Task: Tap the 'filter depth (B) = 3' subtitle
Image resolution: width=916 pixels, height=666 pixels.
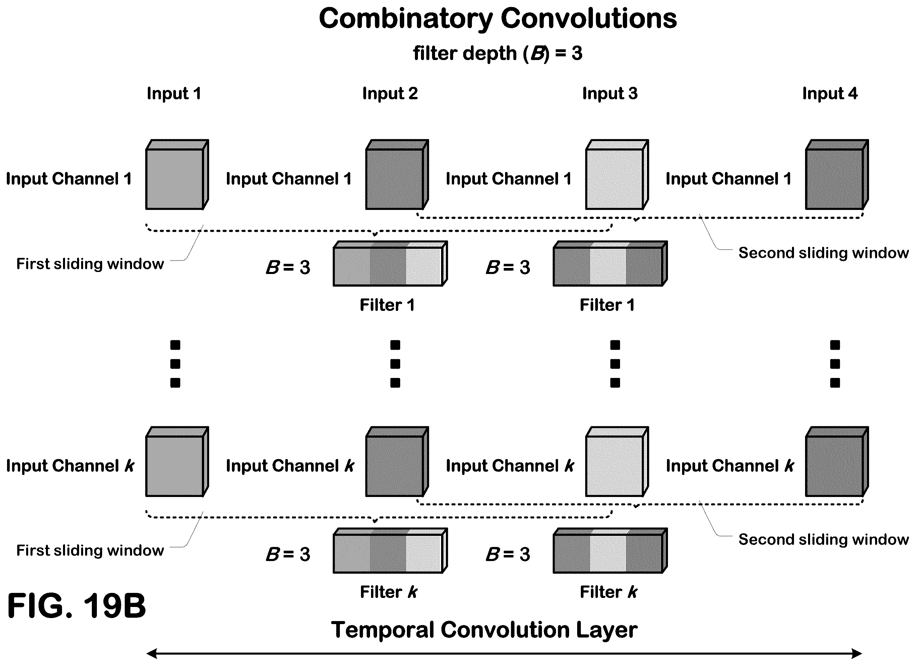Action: coord(498,54)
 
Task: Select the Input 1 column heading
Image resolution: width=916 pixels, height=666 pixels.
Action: coord(174,94)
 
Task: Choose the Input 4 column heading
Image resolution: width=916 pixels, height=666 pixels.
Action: coord(830,94)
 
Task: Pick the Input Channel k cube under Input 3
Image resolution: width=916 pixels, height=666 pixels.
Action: coord(617,461)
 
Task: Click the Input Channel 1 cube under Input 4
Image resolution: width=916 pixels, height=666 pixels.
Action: coord(837,175)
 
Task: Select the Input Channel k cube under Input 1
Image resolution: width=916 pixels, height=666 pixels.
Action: coord(177,461)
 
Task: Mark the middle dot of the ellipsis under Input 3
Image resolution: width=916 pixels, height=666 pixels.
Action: coord(615,364)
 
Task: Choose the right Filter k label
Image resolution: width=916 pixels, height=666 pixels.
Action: coord(609,592)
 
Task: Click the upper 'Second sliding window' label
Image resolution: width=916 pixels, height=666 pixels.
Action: coord(823,253)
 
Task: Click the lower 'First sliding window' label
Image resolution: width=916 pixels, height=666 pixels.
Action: coord(90,550)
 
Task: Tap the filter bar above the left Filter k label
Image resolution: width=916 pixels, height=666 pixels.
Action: coord(390,550)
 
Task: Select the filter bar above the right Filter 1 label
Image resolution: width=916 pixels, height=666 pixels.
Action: coord(610,264)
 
